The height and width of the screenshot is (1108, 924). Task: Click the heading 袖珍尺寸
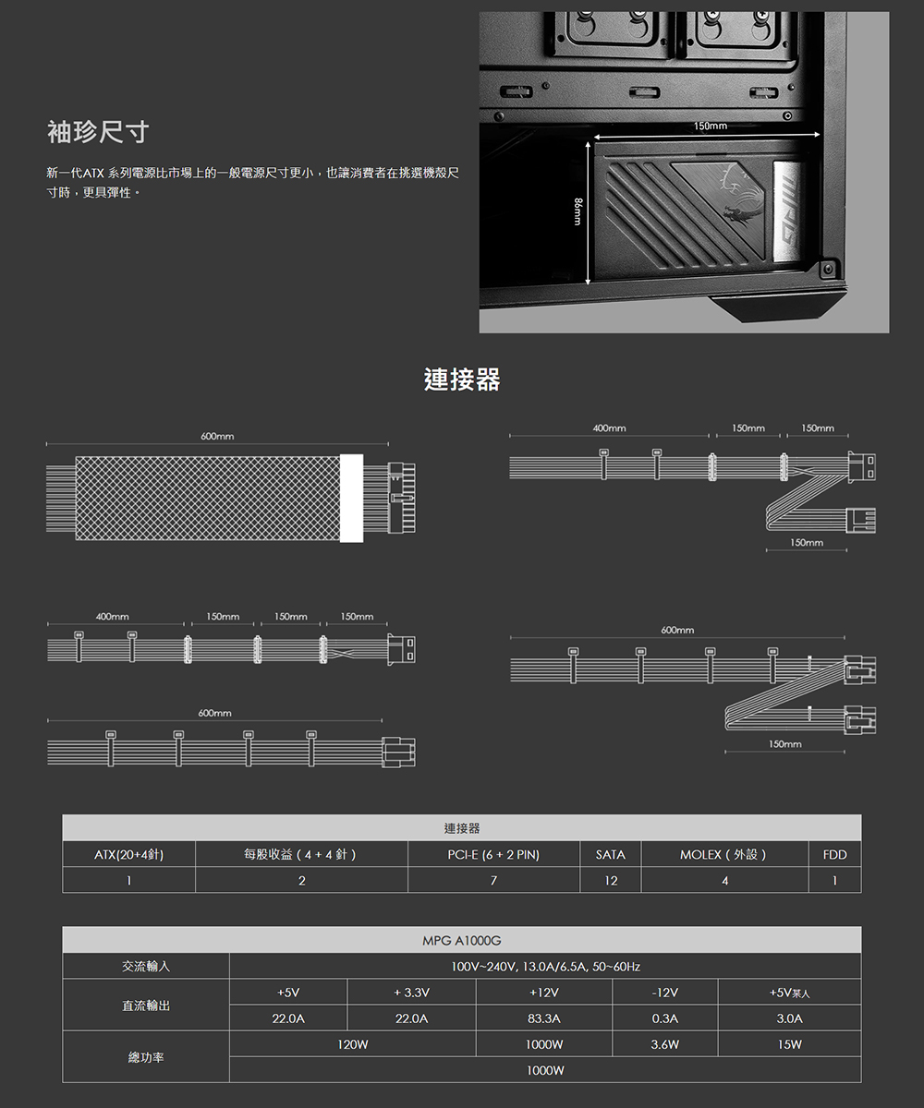click(x=98, y=132)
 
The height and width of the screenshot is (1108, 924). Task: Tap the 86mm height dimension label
click(x=578, y=211)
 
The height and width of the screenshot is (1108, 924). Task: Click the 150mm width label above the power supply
click(x=710, y=126)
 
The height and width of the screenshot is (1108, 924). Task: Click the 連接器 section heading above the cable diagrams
click(x=462, y=379)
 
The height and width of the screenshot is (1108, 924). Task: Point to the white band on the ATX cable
click(x=351, y=498)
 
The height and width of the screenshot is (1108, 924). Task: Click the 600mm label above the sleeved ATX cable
click(x=217, y=436)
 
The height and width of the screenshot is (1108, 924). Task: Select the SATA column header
click(x=610, y=855)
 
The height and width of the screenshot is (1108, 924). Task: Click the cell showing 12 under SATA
click(x=611, y=881)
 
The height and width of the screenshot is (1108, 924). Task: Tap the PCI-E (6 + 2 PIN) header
click(x=493, y=855)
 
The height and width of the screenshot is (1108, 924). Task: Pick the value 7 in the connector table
click(x=493, y=881)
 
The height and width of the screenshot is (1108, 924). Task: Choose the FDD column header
click(x=834, y=855)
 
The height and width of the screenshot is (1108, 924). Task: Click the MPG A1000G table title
click(x=461, y=941)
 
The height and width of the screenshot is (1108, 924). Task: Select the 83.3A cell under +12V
click(x=544, y=1018)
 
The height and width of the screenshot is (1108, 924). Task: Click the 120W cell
click(x=353, y=1045)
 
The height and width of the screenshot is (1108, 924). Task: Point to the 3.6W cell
click(x=665, y=1045)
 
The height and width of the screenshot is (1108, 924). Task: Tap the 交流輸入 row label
click(x=146, y=967)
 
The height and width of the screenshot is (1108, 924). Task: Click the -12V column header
click(x=665, y=993)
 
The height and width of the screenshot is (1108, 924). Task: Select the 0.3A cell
click(x=665, y=1018)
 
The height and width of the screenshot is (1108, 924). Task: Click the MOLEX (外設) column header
click(x=723, y=855)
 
